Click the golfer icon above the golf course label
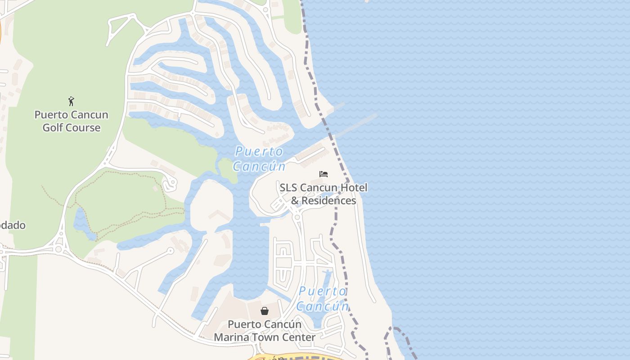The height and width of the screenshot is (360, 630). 71,101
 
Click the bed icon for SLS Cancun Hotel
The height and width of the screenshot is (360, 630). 323,174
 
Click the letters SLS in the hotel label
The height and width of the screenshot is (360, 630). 288,188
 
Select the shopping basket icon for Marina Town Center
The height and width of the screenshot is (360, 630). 265,311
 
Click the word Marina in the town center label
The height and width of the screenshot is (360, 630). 232,337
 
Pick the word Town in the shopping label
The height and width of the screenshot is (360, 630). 267,337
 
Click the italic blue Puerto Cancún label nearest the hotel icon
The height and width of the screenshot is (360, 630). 259,159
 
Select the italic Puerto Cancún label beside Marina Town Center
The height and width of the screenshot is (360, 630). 323,299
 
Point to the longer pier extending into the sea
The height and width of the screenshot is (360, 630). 356,125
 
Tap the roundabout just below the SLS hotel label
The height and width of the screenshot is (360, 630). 297,217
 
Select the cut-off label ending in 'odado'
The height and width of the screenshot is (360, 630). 13,225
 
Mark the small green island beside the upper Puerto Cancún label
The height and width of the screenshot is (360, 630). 228,170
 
